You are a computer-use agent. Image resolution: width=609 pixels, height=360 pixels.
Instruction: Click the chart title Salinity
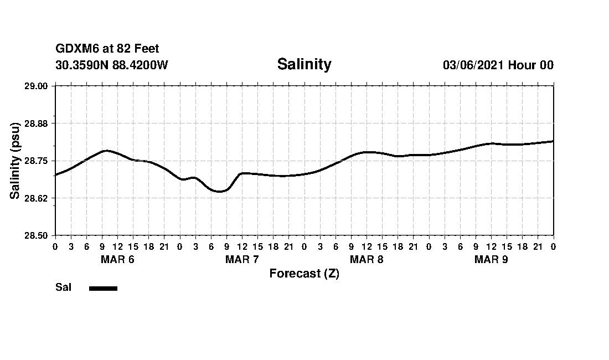(304, 64)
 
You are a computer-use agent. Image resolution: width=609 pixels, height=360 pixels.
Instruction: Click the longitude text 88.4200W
(140, 65)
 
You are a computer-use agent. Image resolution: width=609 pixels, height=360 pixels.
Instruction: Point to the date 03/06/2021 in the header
(473, 65)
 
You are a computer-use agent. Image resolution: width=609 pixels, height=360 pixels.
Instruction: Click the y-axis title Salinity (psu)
(16, 161)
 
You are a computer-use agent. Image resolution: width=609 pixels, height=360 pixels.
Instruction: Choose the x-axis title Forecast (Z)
(304, 274)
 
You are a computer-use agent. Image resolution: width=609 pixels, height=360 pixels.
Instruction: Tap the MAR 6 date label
(117, 260)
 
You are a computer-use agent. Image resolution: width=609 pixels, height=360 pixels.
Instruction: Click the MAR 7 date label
(242, 260)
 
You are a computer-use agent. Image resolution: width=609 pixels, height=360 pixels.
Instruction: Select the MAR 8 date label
(367, 260)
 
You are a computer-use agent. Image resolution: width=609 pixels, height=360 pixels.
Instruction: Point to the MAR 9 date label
(491, 260)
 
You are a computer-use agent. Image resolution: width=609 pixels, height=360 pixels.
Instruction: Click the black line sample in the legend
(103, 288)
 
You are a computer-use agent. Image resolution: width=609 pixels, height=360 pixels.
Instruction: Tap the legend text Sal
(64, 287)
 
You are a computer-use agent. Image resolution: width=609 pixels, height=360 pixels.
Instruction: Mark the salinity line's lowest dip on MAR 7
(219, 192)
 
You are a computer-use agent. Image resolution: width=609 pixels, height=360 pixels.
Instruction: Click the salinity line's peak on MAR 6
(106, 151)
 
